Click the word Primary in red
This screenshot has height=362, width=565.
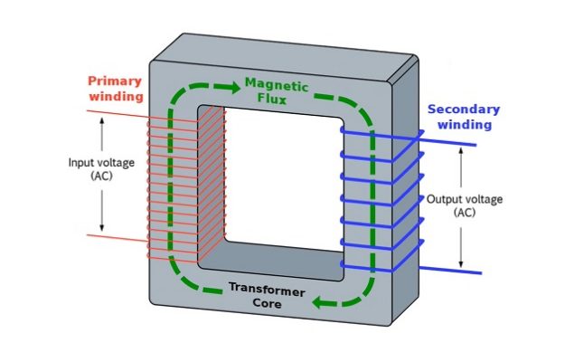pos(115,81)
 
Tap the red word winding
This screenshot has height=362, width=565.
pos(115,96)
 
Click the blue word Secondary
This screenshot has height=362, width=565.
pos(464,110)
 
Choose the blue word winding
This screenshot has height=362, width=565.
pos(464,125)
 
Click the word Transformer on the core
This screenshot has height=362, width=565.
pos(265,289)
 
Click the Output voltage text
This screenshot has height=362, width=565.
pos(464,199)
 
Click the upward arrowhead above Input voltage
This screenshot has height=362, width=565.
pos(102,122)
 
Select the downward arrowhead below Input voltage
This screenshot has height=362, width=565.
pos(102,225)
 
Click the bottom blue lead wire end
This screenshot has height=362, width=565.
pos(479,272)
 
